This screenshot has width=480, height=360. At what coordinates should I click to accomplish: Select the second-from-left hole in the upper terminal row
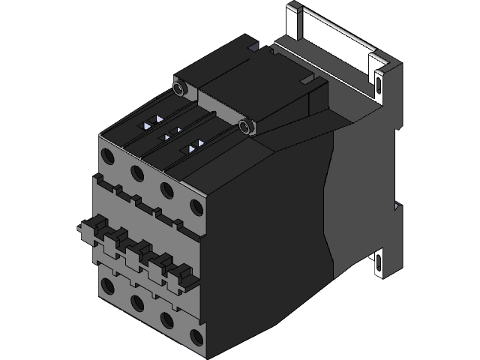[136, 173]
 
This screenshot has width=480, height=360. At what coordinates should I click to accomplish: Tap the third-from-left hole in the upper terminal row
[166, 189]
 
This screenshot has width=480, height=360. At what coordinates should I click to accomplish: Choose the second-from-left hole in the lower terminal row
[136, 302]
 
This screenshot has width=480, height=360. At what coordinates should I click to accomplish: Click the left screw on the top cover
[178, 88]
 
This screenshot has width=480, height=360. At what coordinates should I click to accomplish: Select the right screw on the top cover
[245, 125]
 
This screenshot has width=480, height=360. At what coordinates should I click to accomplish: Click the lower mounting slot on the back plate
[379, 264]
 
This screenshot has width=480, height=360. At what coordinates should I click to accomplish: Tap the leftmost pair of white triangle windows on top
[153, 120]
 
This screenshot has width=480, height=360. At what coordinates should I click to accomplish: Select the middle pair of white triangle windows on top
[173, 133]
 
